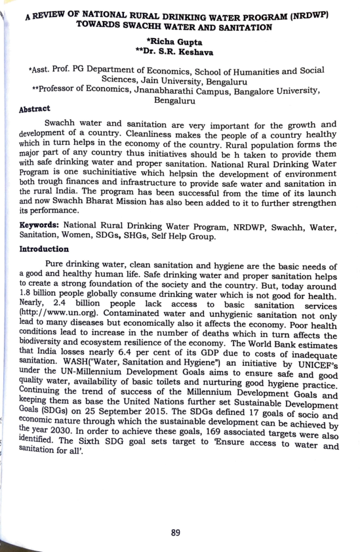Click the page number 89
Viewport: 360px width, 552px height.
[x=176, y=532]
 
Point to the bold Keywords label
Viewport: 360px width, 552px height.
[x=40, y=224]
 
